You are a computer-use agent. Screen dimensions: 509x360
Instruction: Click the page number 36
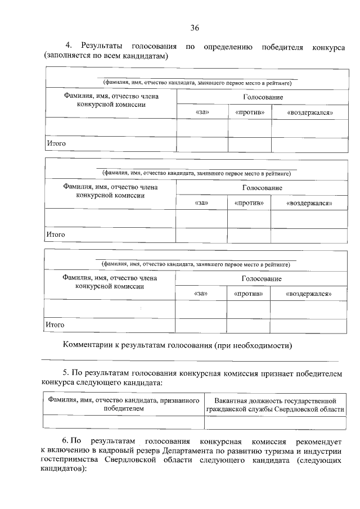click(x=195, y=28)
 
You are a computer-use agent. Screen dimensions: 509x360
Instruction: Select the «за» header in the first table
click(x=202, y=112)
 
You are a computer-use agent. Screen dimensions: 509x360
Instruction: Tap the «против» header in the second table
click(x=249, y=202)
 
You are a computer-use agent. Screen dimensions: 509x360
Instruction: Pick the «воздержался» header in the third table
click(x=308, y=294)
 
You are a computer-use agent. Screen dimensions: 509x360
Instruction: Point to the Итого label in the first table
click(x=56, y=144)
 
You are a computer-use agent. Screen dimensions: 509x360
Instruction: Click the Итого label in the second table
click(x=56, y=235)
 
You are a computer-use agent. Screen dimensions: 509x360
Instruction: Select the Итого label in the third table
click(x=55, y=325)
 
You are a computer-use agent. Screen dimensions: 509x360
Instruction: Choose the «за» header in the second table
click(x=201, y=202)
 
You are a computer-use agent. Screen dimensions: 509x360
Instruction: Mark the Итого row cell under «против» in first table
click(x=250, y=144)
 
